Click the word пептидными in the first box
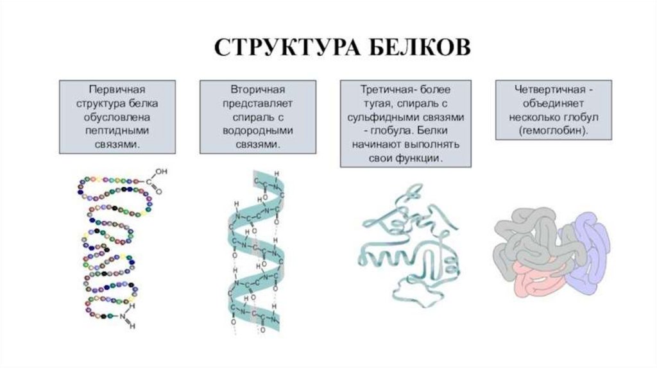tap(117, 130)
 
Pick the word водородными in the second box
tap(257, 130)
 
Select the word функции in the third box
tap(420, 158)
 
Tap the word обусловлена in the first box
tap(117, 116)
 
